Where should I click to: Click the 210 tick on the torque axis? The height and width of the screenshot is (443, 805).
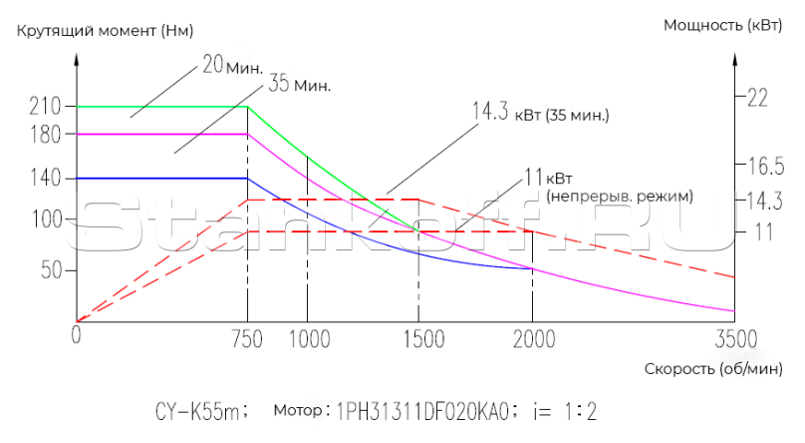[47, 106]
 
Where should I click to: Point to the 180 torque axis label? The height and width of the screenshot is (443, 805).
[47, 134]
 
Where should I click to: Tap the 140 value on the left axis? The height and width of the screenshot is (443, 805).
[47, 178]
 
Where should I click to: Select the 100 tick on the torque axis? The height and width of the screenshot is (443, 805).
[47, 220]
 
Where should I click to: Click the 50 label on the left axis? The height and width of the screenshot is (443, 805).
[52, 270]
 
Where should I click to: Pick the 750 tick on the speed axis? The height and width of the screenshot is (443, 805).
[246, 338]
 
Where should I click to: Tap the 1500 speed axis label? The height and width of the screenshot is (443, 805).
[418, 338]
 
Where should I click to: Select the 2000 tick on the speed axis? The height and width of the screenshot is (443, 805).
[533, 338]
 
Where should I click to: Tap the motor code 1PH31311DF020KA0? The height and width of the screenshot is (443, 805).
[423, 410]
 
